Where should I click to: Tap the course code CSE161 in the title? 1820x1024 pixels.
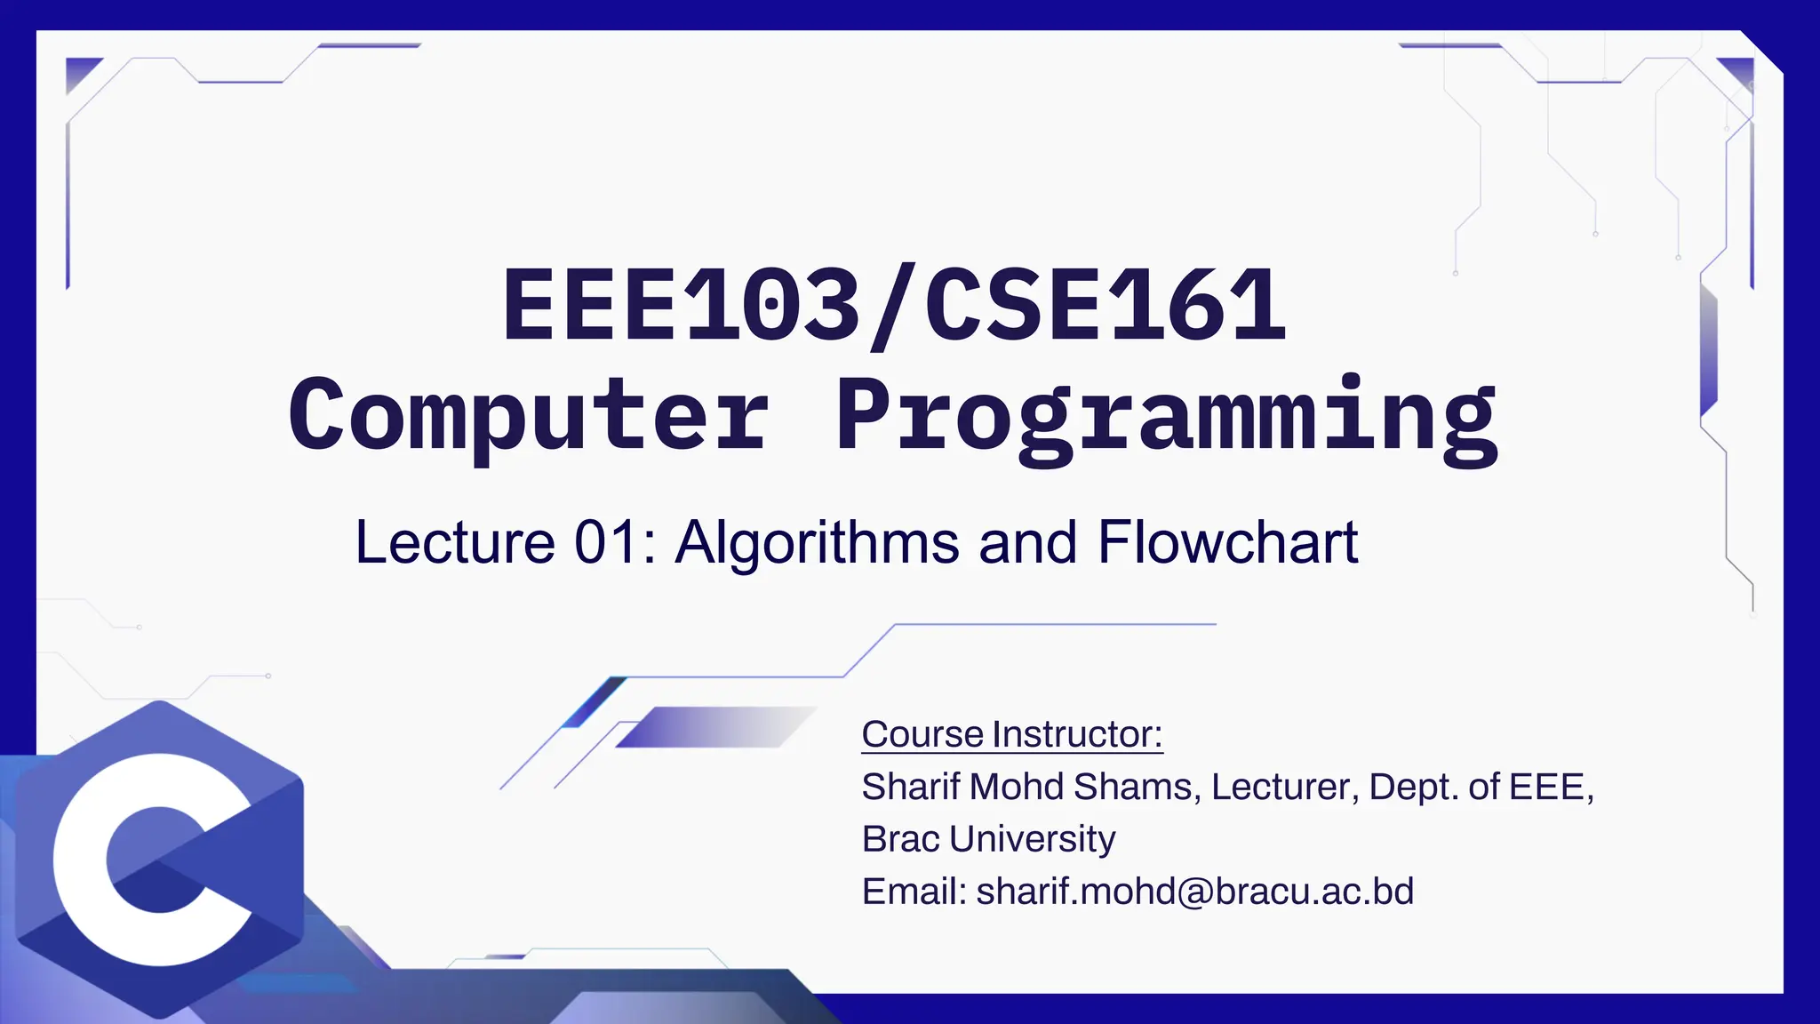click(x=1105, y=305)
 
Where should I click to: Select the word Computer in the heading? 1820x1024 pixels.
click(x=528, y=416)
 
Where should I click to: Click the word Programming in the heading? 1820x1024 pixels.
click(x=1166, y=416)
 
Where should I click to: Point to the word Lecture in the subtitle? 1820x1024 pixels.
click(x=455, y=542)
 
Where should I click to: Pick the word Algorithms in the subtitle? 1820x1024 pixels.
click(x=817, y=542)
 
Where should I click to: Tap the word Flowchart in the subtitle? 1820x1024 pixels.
click(x=1227, y=542)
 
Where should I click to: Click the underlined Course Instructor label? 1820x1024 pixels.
click(x=1012, y=734)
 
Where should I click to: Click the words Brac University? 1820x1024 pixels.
click(x=988, y=838)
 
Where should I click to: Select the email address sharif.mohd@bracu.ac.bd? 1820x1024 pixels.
click(x=1194, y=891)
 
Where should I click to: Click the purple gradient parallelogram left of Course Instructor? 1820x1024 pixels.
click(x=714, y=727)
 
